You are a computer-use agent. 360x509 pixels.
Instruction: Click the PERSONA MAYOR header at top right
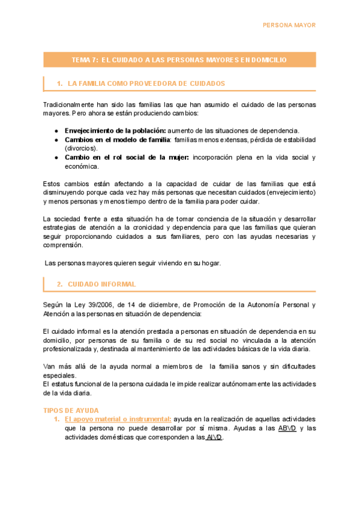pos(290,25)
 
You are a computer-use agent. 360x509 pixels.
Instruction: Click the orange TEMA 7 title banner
pos(179,59)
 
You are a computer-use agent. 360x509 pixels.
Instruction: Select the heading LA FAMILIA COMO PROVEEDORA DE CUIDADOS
pos(147,83)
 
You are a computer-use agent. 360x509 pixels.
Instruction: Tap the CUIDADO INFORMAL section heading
pos(101,284)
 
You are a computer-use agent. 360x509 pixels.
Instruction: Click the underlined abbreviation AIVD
pos(214,437)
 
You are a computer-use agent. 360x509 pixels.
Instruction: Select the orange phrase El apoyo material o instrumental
pos(118,419)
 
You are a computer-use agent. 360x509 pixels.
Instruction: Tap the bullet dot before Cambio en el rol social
pos(56,157)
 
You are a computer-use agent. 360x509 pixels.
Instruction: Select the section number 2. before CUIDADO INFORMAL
pos(59,284)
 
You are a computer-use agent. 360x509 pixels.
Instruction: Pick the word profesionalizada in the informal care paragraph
pos(70,349)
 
